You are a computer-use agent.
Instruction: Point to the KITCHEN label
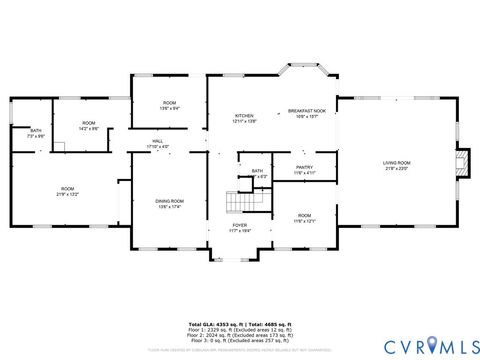(x=245, y=116)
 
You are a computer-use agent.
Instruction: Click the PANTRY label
(x=304, y=167)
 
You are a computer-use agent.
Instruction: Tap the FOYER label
(x=240, y=225)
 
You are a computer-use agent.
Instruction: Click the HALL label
(x=158, y=141)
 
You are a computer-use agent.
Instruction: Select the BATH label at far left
(x=35, y=131)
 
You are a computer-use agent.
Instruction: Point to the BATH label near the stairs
(x=257, y=171)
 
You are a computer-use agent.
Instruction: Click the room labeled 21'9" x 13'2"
(x=67, y=191)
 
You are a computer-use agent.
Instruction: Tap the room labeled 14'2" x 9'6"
(x=89, y=126)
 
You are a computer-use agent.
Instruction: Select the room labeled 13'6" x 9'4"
(x=170, y=105)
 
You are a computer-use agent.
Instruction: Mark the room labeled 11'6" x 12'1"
(x=304, y=218)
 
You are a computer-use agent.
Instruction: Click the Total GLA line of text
(x=240, y=325)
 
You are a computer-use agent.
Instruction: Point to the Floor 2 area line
(x=240, y=337)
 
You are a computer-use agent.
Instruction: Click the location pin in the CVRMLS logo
(x=431, y=345)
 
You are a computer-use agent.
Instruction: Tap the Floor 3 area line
(x=240, y=343)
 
